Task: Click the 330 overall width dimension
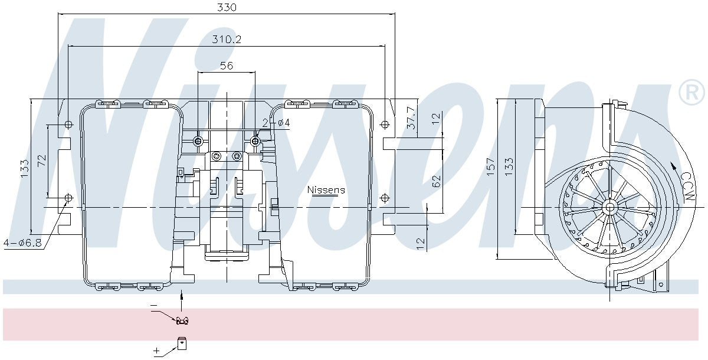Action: click(227, 7)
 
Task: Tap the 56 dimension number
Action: click(227, 66)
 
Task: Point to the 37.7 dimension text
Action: click(411, 118)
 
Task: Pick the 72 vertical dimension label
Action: click(42, 161)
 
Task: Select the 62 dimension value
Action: click(436, 180)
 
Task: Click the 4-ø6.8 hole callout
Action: click(22, 243)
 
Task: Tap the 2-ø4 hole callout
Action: click(276, 123)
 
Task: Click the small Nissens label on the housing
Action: click(326, 190)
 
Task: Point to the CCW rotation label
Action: click(686, 186)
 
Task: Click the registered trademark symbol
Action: click(691, 93)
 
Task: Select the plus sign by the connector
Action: click(157, 351)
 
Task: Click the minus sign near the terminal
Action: click(154, 305)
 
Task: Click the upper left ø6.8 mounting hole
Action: click(68, 125)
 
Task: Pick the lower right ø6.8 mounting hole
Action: click(385, 197)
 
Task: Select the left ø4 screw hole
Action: click(198, 141)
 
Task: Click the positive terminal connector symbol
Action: click(182, 342)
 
